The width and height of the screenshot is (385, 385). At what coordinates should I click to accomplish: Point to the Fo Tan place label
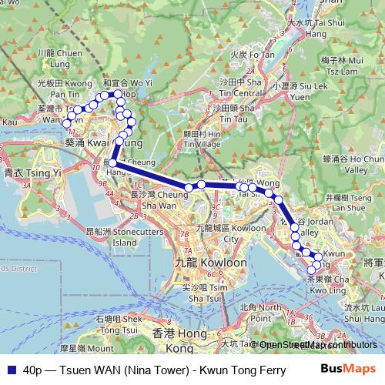252,55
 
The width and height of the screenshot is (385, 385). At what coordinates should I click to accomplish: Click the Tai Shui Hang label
316,24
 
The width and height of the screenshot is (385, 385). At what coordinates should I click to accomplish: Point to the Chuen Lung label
65,58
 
